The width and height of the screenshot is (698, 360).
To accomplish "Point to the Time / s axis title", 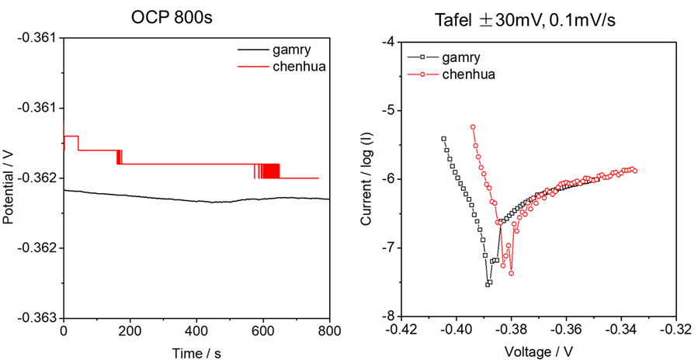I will coord(196,352).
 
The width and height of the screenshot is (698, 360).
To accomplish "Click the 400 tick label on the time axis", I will coord(196,331).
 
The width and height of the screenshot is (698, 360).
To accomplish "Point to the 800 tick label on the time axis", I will coord(329,331).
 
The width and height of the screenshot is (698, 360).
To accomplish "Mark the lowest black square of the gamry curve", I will coord(488,285).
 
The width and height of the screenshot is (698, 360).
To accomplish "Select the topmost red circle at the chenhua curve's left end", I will coord(472,126).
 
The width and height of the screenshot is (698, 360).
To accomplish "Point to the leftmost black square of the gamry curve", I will coord(443,139).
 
